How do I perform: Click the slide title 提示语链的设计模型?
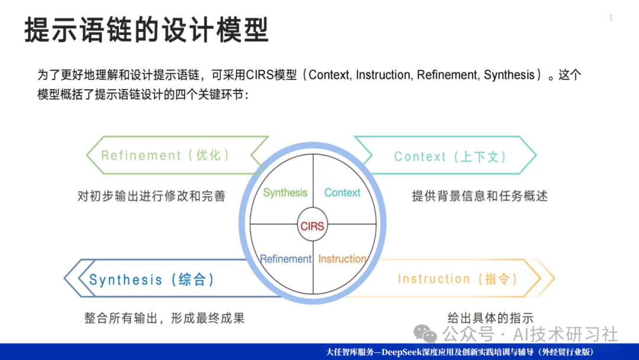(x=147, y=30)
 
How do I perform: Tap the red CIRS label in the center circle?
(x=312, y=226)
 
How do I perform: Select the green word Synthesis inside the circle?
(x=285, y=193)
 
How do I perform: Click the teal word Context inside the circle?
(x=343, y=192)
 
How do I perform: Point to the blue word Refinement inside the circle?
(x=285, y=259)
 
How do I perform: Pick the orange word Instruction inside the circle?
(x=343, y=259)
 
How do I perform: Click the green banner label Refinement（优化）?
(x=166, y=155)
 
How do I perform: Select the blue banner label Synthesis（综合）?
(x=152, y=279)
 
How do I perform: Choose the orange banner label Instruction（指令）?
(x=458, y=279)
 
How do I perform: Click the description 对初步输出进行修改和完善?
(x=151, y=196)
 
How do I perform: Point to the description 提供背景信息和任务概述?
(x=480, y=196)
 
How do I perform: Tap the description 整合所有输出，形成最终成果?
(x=164, y=318)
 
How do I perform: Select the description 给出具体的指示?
(x=490, y=317)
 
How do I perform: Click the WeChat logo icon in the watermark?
(x=425, y=334)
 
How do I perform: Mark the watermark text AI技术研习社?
(x=565, y=335)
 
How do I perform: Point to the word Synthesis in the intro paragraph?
(x=509, y=75)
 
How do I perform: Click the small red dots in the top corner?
(x=611, y=18)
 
